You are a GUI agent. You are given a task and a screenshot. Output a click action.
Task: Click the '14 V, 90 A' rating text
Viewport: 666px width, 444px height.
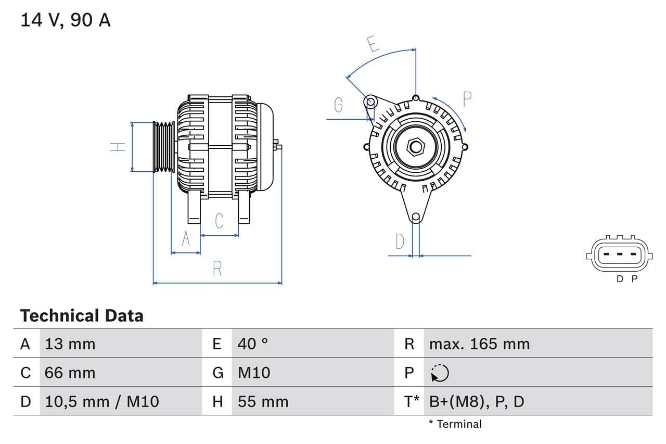click(x=65, y=20)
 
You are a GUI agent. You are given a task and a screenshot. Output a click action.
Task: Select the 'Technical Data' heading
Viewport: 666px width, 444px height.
click(x=82, y=315)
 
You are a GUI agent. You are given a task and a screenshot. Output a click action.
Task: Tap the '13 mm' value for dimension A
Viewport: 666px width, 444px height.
click(x=70, y=344)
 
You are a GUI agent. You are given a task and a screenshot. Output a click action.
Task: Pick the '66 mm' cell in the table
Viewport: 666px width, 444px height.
click(x=70, y=373)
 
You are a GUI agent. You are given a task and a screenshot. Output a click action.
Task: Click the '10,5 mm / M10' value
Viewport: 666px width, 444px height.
click(x=102, y=401)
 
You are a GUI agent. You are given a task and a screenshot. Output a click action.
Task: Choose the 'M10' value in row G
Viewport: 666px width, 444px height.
click(x=254, y=373)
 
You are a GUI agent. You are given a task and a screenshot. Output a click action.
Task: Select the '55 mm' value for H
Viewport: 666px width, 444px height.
click(x=263, y=401)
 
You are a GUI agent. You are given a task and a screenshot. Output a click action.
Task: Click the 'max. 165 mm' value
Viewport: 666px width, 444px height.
click(x=479, y=344)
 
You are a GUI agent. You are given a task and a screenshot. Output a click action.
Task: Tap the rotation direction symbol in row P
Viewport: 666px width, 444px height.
click(x=440, y=373)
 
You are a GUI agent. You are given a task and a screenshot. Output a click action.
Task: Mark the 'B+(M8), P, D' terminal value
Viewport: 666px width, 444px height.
click(x=477, y=401)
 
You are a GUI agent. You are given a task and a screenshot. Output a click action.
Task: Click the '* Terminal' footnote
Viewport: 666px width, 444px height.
click(x=455, y=424)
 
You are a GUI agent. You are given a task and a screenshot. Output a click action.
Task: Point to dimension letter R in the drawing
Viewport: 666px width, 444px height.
click(x=217, y=269)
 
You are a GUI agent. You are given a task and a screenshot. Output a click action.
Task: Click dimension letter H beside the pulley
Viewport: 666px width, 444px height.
click(x=119, y=147)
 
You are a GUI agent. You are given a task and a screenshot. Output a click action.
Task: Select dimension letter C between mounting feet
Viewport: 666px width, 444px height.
click(x=219, y=221)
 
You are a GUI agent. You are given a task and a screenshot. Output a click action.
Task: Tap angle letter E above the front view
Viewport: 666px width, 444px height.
click(x=373, y=44)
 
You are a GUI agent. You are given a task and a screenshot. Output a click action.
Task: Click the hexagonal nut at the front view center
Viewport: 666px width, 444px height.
click(x=416, y=146)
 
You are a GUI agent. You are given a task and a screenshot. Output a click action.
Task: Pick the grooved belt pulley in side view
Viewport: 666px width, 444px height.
click(x=164, y=147)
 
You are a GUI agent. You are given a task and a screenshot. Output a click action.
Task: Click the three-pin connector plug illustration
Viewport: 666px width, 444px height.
click(x=618, y=255)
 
